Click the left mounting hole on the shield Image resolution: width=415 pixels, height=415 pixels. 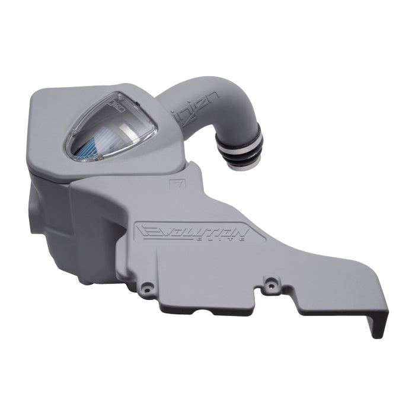pyautogui.click(x=149, y=288)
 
